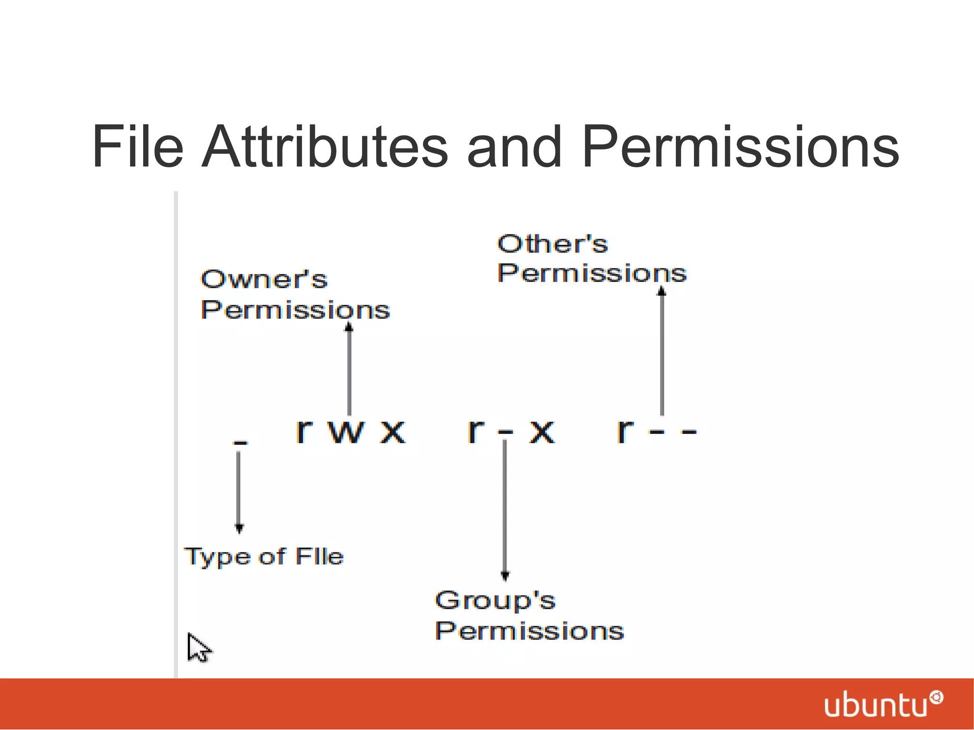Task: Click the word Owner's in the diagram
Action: click(x=264, y=279)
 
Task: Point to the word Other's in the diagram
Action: click(x=552, y=244)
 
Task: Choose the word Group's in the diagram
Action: click(x=495, y=600)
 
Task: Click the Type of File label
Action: click(x=264, y=556)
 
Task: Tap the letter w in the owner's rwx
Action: click(x=346, y=432)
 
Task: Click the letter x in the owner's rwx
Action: click(x=392, y=432)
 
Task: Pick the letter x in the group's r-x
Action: click(x=542, y=432)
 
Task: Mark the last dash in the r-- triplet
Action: click(x=688, y=432)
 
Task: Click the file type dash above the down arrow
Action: click(x=240, y=443)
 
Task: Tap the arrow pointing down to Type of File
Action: click(x=239, y=492)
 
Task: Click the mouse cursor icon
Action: click(x=198, y=648)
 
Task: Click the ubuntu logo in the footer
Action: click(x=883, y=704)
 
